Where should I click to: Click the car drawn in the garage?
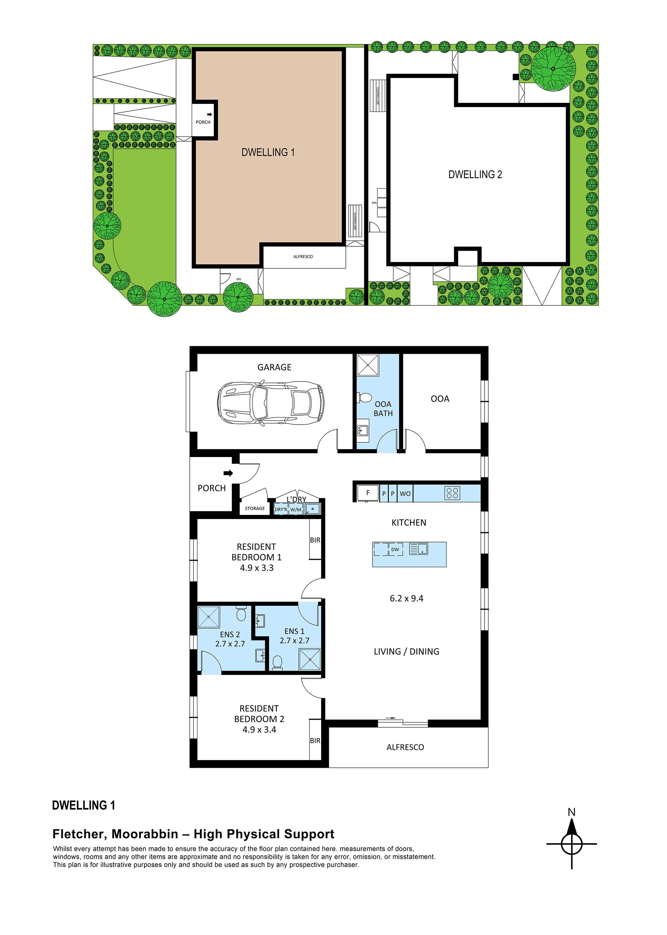tap(270, 403)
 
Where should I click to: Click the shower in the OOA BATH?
tap(368, 365)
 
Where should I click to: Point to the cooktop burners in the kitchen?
tap(452, 493)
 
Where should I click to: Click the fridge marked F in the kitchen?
tap(368, 493)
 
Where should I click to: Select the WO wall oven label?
tap(405, 494)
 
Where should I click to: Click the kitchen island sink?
tap(419, 549)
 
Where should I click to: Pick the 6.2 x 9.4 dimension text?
tap(406, 599)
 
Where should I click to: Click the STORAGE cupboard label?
tap(255, 508)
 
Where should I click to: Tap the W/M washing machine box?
tap(296, 510)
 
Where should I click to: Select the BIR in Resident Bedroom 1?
tap(315, 540)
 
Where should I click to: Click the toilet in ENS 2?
tap(241, 614)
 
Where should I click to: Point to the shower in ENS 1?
tap(310, 660)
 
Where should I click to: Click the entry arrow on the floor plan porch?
tap(228, 473)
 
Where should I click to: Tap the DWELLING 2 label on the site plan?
tap(475, 174)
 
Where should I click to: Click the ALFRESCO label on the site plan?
tap(303, 256)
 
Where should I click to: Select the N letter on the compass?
tap(571, 812)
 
